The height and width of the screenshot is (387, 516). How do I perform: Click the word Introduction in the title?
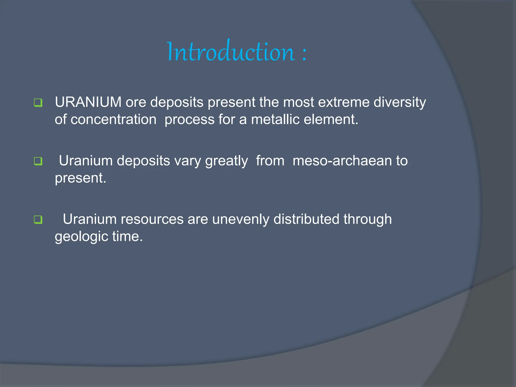[231, 52]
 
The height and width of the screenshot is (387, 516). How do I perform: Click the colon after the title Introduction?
[304, 53]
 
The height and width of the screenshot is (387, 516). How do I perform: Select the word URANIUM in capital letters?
[88, 102]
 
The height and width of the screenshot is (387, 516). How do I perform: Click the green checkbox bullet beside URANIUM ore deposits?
[38, 103]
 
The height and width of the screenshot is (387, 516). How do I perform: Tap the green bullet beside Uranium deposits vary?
[38, 161]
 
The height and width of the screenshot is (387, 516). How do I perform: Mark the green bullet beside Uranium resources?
[38, 220]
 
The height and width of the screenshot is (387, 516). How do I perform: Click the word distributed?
[306, 219]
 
